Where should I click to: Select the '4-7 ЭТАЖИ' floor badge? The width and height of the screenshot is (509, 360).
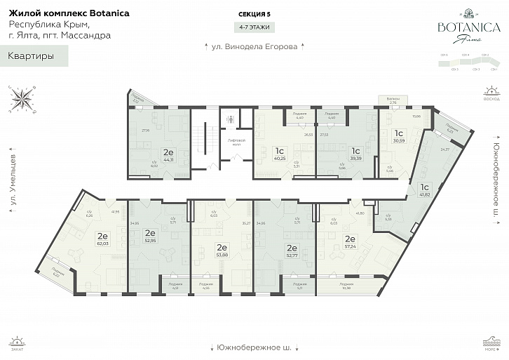(x=254, y=27)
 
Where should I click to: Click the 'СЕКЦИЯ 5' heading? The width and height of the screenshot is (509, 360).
(x=254, y=14)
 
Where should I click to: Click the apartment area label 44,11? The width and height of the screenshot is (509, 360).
(x=168, y=159)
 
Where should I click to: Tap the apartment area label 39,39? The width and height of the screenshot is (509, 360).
(x=355, y=158)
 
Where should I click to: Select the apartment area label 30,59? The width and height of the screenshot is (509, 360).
(x=399, y=140)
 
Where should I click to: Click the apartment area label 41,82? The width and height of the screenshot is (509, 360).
(x=423, y=194)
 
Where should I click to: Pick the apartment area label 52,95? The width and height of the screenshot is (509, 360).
(x=149, y=240)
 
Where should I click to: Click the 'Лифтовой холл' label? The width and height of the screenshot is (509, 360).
(x=235, y=142)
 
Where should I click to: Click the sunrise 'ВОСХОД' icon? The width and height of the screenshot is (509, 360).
(x=492, y=94)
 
